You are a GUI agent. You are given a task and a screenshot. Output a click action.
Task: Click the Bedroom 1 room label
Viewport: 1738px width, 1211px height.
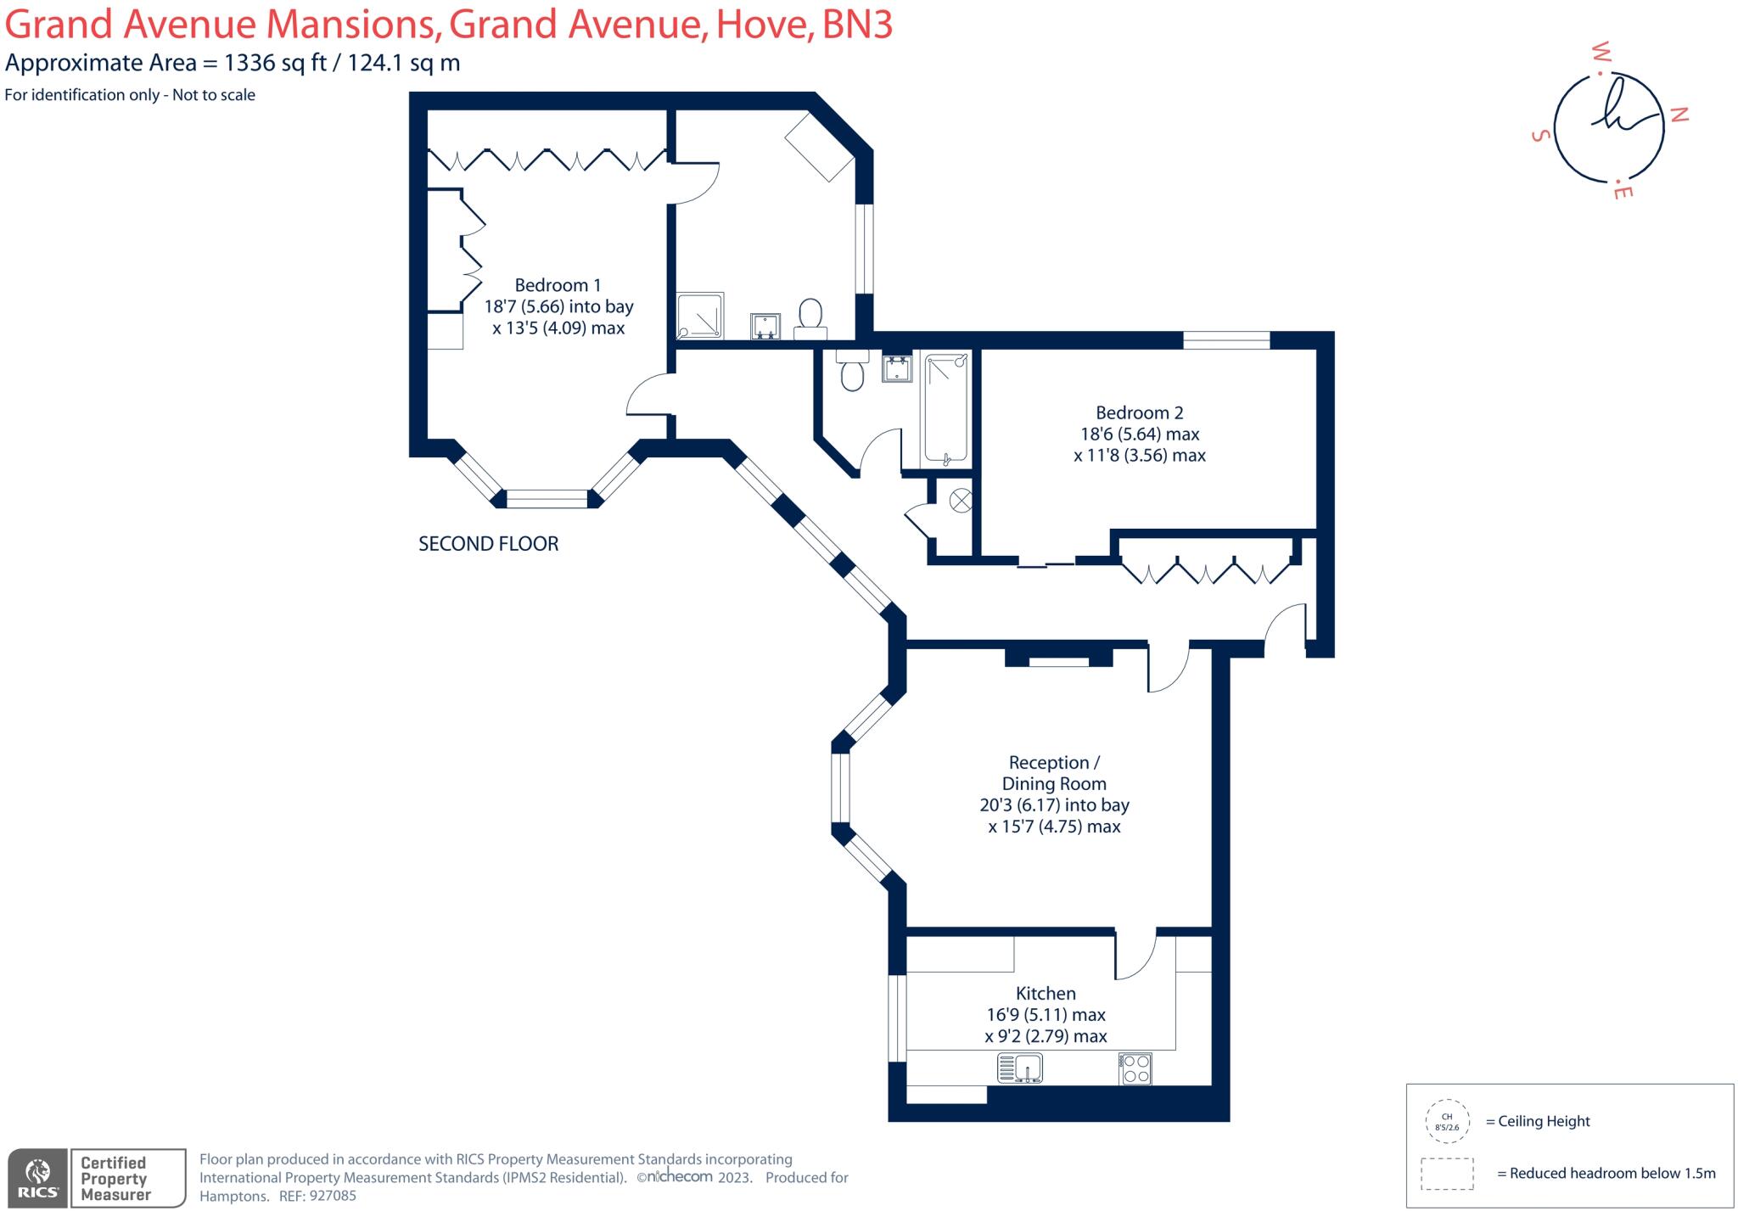558,285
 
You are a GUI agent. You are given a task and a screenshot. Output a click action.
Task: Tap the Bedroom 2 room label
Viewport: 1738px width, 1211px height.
1139,413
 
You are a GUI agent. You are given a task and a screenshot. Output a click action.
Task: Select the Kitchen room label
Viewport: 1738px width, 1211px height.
1046,994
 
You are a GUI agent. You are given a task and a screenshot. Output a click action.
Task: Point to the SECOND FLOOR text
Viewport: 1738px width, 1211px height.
488,544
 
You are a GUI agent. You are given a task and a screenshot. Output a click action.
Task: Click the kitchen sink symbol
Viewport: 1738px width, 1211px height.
1019,1068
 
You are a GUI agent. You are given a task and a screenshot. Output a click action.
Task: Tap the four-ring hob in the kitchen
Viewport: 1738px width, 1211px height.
1135,1068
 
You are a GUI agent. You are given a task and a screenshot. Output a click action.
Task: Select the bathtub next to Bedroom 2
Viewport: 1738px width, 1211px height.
946,409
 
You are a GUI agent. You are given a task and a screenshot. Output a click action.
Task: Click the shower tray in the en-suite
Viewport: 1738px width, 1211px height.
700,317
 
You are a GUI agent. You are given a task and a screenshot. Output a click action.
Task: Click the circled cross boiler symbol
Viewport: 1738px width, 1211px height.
961,501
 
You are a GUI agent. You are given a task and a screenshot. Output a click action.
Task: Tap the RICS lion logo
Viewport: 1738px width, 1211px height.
38,1176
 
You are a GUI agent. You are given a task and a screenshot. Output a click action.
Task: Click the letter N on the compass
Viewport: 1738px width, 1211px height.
1679,115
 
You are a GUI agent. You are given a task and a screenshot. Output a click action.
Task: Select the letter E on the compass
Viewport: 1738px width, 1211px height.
1623,192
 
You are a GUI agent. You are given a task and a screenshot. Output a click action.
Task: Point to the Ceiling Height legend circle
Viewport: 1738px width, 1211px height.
1447,1122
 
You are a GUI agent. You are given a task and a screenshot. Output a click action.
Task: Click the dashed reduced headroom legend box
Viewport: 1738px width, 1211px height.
1447,1174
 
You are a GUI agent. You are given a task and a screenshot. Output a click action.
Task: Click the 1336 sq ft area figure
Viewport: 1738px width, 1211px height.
275,63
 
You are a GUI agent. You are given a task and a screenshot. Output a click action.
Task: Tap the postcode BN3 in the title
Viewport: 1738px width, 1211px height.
857,24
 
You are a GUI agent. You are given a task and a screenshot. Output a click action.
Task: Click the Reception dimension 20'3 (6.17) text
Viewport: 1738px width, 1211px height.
1019,805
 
